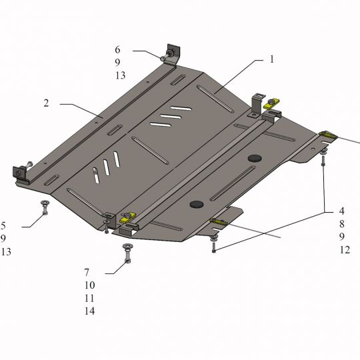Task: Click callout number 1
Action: [x=272, y=59]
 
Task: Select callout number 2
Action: [x=46, y=103]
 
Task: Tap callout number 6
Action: [x=117, y=49]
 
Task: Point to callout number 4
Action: [x=342, y=211]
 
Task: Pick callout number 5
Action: [x=3, y=226]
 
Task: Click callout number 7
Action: [x=87, y=273]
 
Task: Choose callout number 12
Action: [x=345, y=250]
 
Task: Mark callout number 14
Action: [x=89, y=311]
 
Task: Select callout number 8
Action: [x=342, y=224]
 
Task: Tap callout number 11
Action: [x=89, y=298]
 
